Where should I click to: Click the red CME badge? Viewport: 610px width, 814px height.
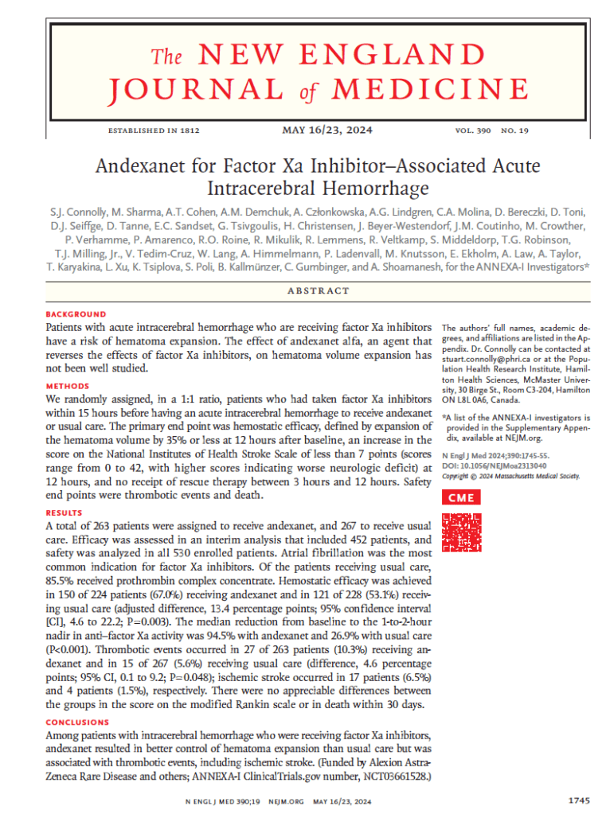(x=461, y=498)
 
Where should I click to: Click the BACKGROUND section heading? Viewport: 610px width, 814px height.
(x=76, y=315)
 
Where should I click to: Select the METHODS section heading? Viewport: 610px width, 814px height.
(x=68, y=386)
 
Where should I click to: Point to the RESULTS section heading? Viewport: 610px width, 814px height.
(x=65, y=513)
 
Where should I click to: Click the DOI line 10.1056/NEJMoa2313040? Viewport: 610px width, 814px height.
(x=495, y=465)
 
